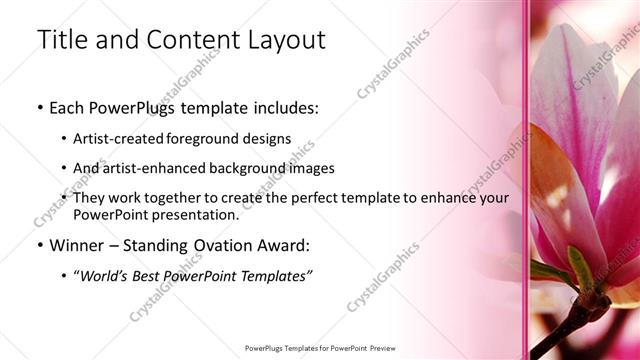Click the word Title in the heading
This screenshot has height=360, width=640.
tap(60, 40)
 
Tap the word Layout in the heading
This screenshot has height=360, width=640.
tap(288, 40)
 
